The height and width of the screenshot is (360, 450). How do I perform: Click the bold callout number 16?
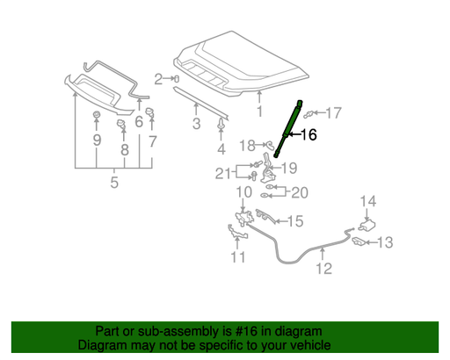tap(308, 134)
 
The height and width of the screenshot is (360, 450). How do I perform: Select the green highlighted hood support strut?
tap(287, 130)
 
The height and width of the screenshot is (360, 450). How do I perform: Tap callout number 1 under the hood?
tap(259, 112)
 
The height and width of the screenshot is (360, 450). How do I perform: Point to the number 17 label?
tap(333, 113)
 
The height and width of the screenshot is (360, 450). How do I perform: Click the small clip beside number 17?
tap(308, 114)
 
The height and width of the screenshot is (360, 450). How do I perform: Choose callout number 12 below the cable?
tap(324, 269)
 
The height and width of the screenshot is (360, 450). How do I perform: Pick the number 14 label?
tap(368, 201)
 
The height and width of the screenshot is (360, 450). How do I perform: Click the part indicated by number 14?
tap(367, 226)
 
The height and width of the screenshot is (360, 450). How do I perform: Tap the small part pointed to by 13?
tap(359, 241)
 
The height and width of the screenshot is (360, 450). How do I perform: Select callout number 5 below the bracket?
tap(114, 182)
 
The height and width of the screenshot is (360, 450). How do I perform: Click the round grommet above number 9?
tap(96, 115)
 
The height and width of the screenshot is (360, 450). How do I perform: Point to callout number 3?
tap(196, 124)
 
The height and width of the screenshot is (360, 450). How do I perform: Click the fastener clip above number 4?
tap(221, 124)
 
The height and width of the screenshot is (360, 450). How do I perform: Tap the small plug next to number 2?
tap(177, 79)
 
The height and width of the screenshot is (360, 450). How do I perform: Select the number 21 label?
tap(223, 173)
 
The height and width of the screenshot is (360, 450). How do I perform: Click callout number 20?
tap(300, 193)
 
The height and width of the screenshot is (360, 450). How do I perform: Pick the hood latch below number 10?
tap(244, 218)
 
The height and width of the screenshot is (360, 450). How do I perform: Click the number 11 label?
tap(238, 257)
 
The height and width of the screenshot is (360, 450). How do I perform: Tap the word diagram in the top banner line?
tap(305, 331)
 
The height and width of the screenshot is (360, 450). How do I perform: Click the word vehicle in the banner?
tap(312, 345)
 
